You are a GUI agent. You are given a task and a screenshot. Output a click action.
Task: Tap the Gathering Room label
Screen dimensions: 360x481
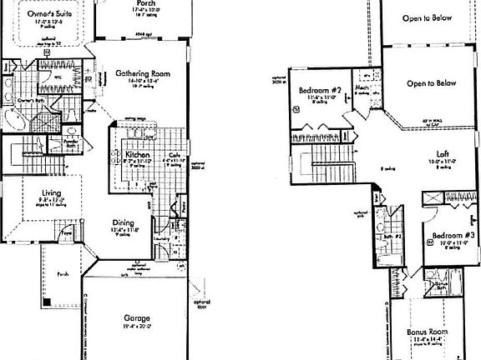[143, 73]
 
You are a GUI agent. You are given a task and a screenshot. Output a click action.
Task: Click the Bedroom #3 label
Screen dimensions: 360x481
[451, 235]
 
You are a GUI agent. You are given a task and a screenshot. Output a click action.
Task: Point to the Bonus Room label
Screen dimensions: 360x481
[429, 332]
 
